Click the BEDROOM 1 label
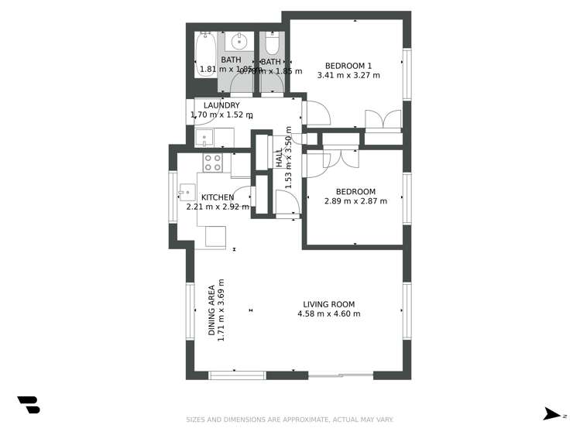pos(348,65)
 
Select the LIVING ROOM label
pos(328,303)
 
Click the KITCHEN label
pos(218,197)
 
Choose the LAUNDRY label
pos(221,105)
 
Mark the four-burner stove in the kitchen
pos(213,163)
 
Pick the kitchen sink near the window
pos(187,192)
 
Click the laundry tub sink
pos(204,139)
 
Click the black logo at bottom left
pos(29,405)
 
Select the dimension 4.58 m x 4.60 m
pos(328,313)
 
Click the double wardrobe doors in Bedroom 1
pos(383,120)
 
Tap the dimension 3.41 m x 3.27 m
pos(348,76)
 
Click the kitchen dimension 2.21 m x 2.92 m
pos(218,207)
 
